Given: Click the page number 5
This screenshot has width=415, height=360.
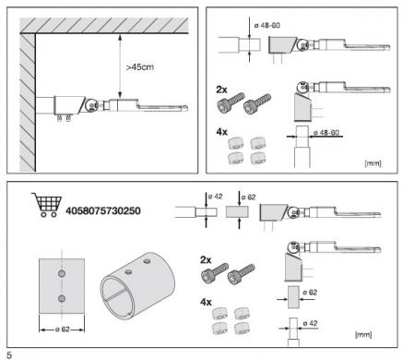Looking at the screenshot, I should coord(7,353).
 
